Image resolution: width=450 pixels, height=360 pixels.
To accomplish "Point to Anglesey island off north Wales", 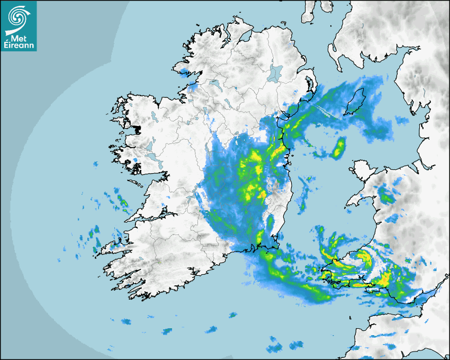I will pos(361,172).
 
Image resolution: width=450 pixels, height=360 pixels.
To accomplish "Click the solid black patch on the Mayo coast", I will pos(137,129).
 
